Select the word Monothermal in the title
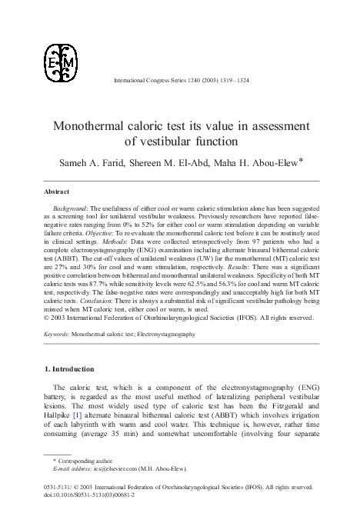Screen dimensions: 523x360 (x=97, y=125)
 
